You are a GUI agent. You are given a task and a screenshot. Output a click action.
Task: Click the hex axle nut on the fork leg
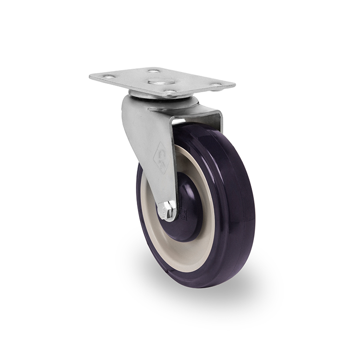pos(167,210)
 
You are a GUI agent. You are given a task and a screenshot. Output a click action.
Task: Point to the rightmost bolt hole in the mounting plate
pos(216,86)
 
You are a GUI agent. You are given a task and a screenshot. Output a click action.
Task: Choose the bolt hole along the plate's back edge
pos(154,71)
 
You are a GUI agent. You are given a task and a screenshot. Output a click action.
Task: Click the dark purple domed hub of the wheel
pos(190,211)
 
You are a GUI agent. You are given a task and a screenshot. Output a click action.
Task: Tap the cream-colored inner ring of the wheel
pos(202,250)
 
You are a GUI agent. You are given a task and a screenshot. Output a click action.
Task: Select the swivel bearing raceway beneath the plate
pos(163,98)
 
